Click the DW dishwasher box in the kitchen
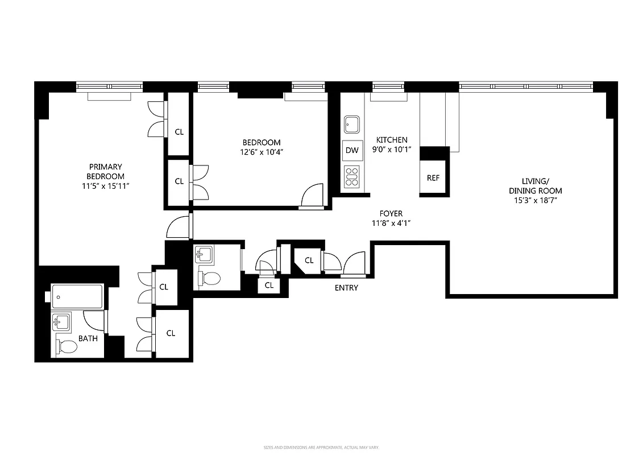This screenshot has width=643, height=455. coord(352,150)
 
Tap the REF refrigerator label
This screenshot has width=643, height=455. coord(433,178)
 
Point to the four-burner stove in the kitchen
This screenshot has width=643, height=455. coord(352,176)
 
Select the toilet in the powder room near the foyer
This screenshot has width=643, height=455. coord(210,278)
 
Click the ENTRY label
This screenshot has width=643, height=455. coord(346,288)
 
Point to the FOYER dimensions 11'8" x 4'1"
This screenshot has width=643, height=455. coord(391,224)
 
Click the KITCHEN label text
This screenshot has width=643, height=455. coord(392,140)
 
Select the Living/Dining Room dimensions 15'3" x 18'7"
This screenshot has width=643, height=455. coord(536,200)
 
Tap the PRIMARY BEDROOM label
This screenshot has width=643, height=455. coord(105,172)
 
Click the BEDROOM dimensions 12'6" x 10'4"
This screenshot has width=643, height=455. coord(262,152)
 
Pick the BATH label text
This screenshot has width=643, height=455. coord(88,338)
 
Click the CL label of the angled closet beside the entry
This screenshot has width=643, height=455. coord(309,260)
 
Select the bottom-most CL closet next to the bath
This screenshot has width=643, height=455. coord(171,333)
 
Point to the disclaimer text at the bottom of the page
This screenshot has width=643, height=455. coord(322,448)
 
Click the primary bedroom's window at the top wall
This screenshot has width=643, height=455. coord(110,86)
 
